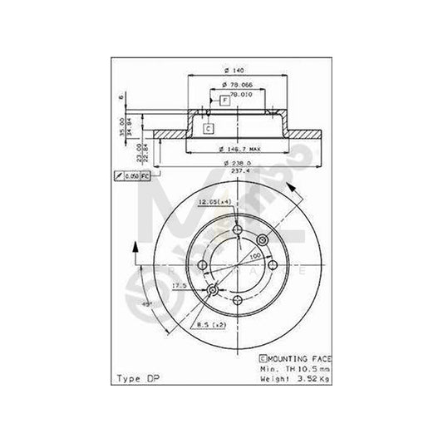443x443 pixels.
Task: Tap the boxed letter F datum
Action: (x=224, y=101)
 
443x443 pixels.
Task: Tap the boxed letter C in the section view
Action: (x=209, y=128)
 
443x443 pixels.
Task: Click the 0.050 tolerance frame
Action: (x=132, y=177)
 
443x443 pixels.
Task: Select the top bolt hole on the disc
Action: (x=238, y=233)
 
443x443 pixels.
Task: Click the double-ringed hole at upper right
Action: (x=268, y=239)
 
